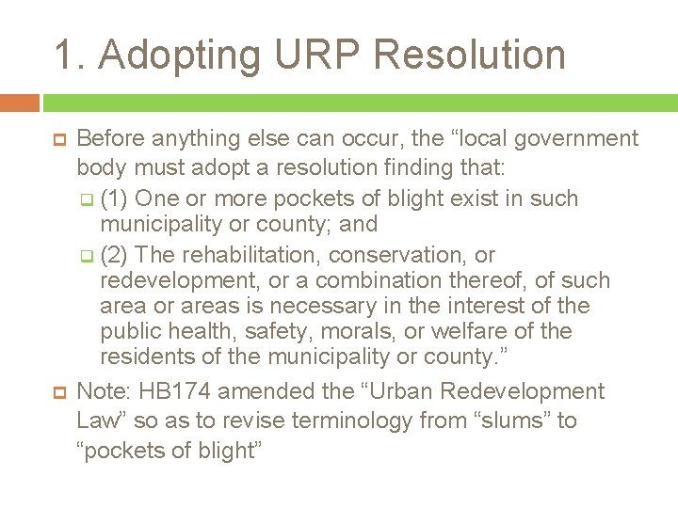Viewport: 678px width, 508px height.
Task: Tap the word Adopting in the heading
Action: (179, 55)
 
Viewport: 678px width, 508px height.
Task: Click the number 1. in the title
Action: (69, 55)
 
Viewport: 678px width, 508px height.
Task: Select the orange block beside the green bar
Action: (20, 103)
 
